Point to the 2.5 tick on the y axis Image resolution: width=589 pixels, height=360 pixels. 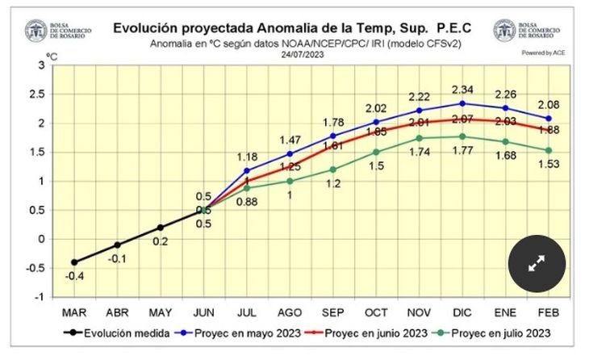coord(34,94)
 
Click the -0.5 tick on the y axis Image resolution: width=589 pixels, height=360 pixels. coord(32,268)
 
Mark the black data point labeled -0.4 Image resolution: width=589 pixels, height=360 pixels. coord(74,262)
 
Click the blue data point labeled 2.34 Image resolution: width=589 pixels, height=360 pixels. coord(462,103)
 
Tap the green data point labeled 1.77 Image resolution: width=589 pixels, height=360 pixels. coord(462,136)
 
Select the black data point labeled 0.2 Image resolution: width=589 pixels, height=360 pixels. coord(160,228)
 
